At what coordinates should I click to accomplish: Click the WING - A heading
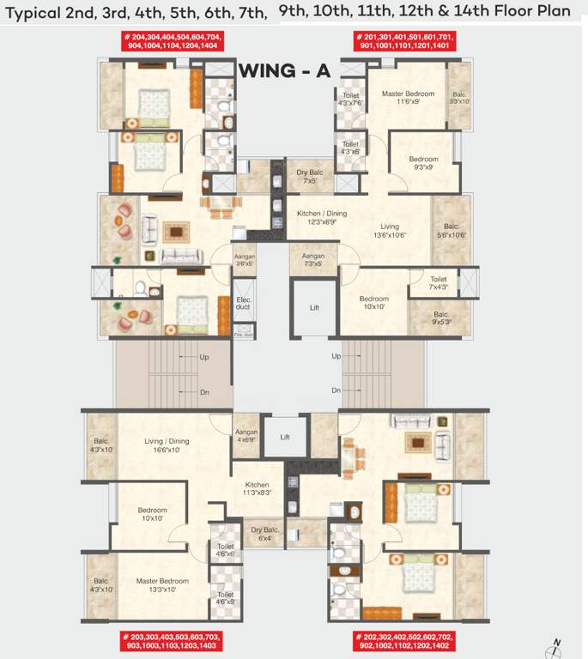click(283, 70)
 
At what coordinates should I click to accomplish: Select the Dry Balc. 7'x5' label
click(307, 177)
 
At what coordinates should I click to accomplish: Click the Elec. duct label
click(245, 302)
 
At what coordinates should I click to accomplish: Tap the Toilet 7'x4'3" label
click(438, 283)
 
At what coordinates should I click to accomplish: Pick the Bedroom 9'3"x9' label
click(423, 163)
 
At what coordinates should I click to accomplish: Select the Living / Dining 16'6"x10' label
click(166, 445)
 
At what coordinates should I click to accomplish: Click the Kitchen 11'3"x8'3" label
click(257, 488)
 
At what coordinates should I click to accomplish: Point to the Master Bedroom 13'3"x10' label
click(161, 585)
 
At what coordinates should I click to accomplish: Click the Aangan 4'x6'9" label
click(246, 436)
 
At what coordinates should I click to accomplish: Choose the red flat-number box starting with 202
click(404, 640)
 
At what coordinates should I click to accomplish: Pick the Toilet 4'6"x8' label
click(225, 598)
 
